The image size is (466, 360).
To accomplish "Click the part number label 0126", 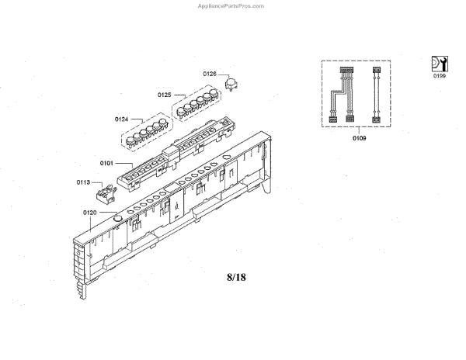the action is click(210, 74).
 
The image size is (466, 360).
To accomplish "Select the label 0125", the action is click(164, 95).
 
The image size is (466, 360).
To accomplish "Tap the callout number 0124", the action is click(121, 119).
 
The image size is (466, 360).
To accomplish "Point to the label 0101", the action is click(106, 163).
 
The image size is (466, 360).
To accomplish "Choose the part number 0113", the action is click(84, 182).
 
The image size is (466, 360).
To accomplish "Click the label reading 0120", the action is click(89, 212).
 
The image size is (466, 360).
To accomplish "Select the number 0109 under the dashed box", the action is click(358, 138).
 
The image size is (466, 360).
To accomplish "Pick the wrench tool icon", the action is click(439, 64).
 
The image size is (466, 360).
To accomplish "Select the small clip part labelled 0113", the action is click(106, 189).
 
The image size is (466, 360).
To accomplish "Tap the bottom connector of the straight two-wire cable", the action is click(377, 119).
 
